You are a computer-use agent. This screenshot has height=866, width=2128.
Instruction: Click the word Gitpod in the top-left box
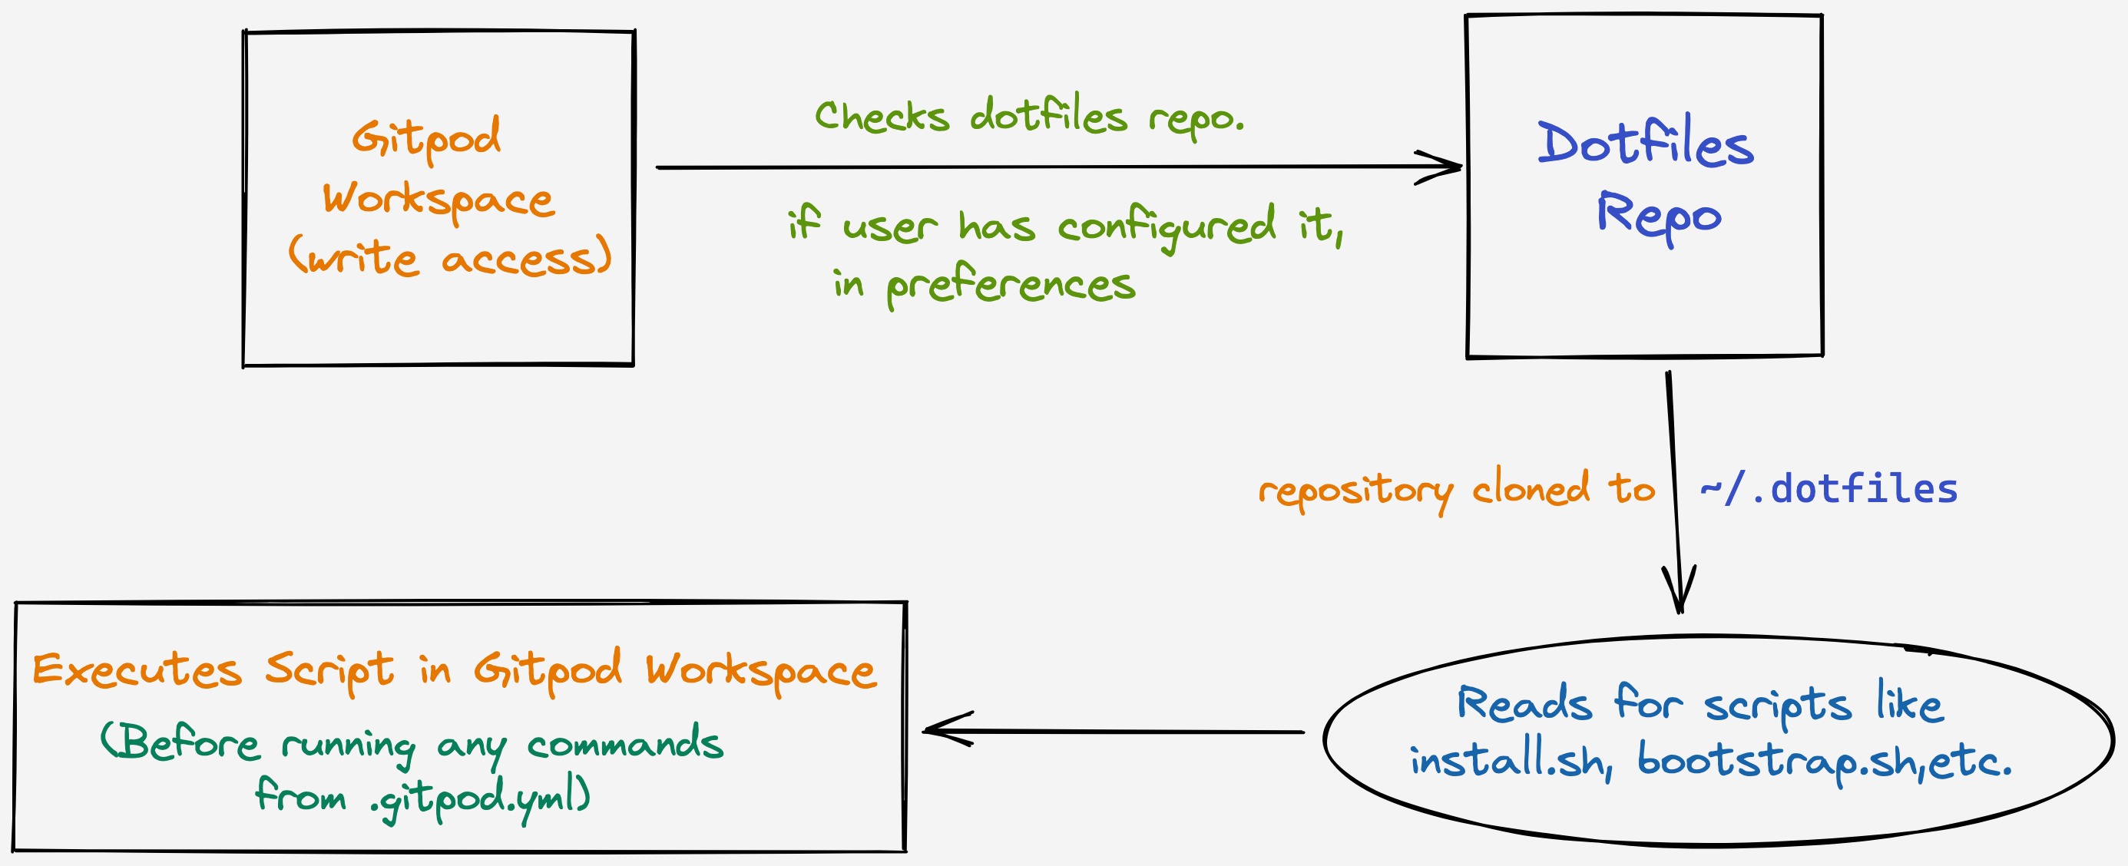[426, 138]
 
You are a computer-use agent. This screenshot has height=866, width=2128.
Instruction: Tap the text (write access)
[450, 257]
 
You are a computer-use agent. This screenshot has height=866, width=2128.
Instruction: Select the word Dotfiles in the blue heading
[1645, 143]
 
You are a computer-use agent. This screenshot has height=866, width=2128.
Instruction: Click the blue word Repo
[1659, 216]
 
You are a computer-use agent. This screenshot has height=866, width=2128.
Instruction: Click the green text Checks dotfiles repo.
[1028, 117]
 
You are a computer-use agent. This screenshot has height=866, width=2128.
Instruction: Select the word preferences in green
[1011, 286]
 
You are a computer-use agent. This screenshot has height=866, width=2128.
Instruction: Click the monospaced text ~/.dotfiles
[1829, 489]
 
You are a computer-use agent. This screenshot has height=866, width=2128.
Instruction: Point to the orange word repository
[1355, 492]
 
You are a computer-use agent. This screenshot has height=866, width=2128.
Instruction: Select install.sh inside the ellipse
[1511, 760]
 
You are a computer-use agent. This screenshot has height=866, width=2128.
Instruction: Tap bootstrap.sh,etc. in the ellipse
[1824, 760]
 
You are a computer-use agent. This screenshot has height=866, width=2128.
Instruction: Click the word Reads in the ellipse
[1524, 704]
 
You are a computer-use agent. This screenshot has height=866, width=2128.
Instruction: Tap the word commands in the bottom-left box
[625, 744]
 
